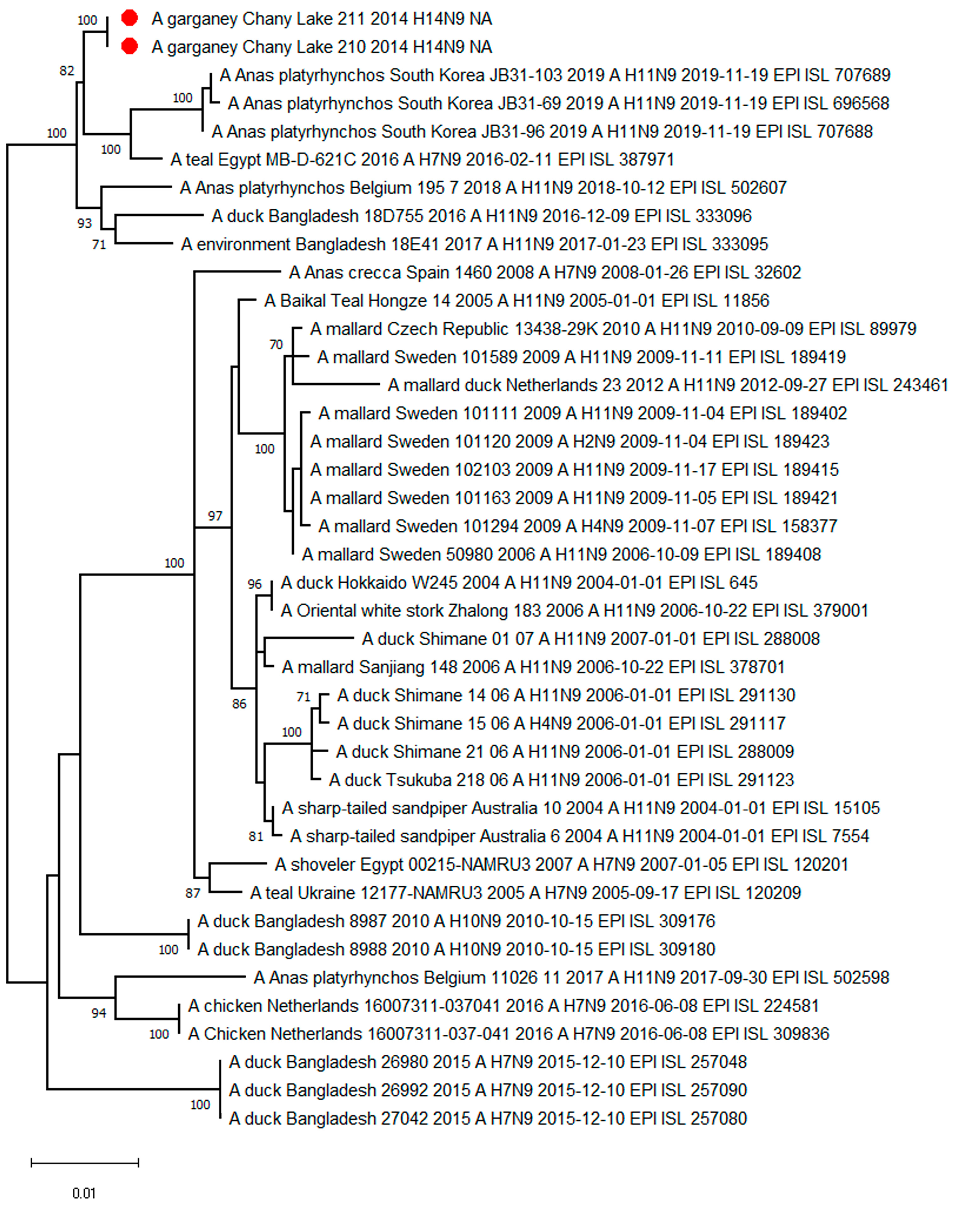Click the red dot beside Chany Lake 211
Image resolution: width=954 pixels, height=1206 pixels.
[x=130, y=19]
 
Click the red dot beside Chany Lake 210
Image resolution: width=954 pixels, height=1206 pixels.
[x=130, y=46]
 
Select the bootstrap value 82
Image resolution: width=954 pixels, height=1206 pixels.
[x=66, y=71]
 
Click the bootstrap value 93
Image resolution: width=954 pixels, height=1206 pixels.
[x=84, y=223]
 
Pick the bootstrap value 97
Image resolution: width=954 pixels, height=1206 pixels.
[x=215, y=516]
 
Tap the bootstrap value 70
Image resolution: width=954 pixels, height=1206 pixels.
[x=276, y=345]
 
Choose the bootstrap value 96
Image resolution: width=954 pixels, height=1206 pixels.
[x=255, y=584]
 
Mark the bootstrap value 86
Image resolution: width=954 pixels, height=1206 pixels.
[x=239, y=704]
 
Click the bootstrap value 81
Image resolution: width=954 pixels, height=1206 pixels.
[x=256, y=836]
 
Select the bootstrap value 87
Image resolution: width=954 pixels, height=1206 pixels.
[x=193, y=893]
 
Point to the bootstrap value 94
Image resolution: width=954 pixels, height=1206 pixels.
[x=99, y=1013]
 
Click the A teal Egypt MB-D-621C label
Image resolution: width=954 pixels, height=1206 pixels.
[x=422, y=160]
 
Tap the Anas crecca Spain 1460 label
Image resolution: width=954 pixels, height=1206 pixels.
[x=544, y=273]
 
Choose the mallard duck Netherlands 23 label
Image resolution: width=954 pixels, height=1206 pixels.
[x=667, y=385]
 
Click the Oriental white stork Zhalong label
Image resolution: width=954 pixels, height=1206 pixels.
[x=574, y=611]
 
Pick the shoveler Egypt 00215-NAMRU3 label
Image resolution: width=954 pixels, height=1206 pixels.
[x=561, y=864]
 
